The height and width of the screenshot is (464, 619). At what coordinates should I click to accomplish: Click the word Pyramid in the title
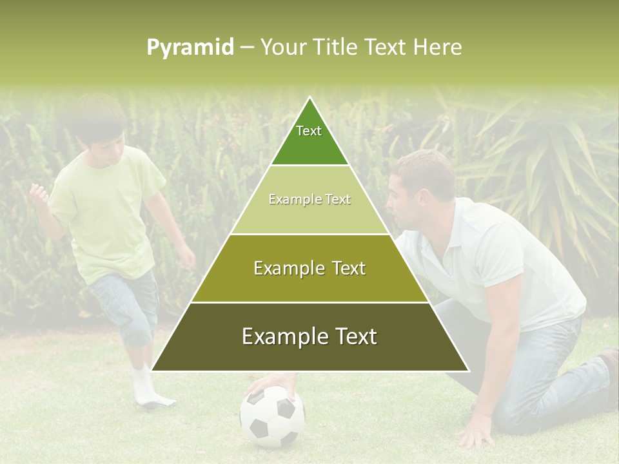[190, 48]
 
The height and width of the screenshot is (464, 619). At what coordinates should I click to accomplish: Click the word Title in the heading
[336, 48]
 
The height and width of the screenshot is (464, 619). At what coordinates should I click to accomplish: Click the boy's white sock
[145, 387]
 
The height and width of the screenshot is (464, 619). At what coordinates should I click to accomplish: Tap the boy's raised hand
[39, 193]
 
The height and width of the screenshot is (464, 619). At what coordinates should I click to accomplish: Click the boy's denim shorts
[126, 303]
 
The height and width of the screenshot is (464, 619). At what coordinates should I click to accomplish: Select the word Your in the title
[283, 48]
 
